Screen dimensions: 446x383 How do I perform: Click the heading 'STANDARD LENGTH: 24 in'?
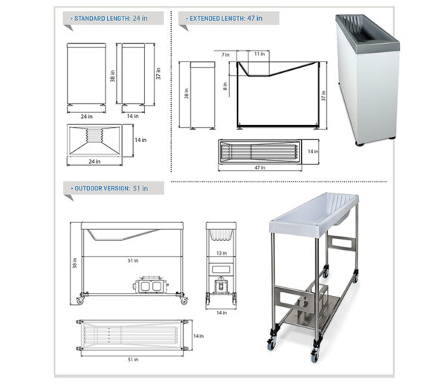pyautogui.click(x=111, y=19)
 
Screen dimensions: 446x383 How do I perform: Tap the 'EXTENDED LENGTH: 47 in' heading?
pyautogui.click(x=226, y=19)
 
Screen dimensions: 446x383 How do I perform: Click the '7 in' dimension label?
pyautogui.click(x=225, y=54)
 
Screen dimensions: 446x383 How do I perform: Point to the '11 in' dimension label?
pyautogui.click(x=259, y=54)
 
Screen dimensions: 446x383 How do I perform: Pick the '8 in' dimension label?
pyautogui.click(x=225, y=86)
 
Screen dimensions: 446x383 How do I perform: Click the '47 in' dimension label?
pyautogui.click(x=259, y=167)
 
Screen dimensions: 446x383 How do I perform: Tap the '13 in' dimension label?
pyautogui.click(x=222, y=253)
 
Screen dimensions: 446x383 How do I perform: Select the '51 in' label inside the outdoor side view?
pyautogui.click(x=133, y=260)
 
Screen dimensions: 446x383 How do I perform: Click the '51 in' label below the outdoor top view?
pyautogui.click(x=133, y=359)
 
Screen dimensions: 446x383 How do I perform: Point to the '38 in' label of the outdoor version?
pyautogui.click(x=75, y=263)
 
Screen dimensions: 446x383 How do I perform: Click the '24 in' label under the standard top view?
pyautogui.click(x=94, y=161)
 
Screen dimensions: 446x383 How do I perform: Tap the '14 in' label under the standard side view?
pyautogui.click(x=132, y=116)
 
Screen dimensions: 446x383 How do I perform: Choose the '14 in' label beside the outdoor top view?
pyautogui.click(x=198, y=336)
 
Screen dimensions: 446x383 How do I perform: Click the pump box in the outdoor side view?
pyautogui.click(x=150, y=285)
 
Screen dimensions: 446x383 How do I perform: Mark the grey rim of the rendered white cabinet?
pyautogui.click(x=367, y=32)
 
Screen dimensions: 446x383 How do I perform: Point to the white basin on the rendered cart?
pyautogui.click(x=314, y=214)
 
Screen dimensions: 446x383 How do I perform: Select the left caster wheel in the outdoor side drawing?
pyautogui.click(x=80, y=300)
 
